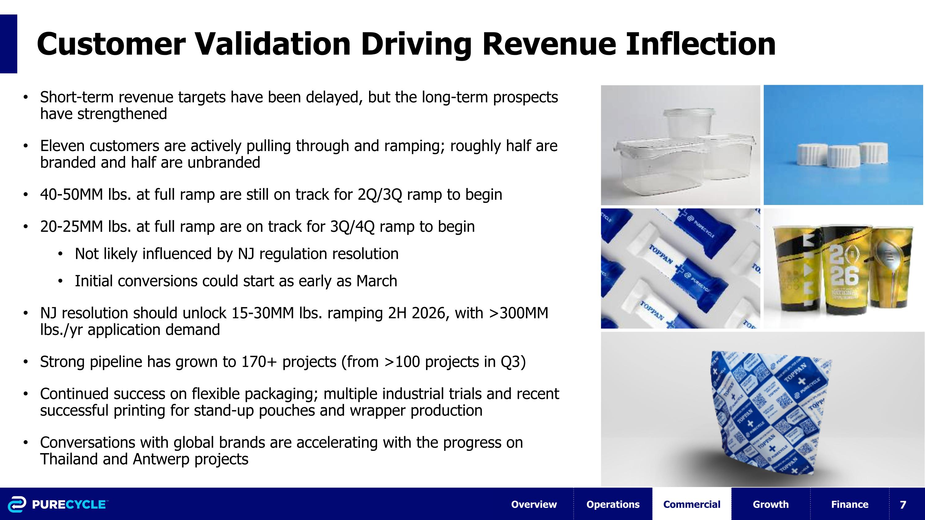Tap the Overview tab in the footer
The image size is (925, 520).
(x=534, y=504)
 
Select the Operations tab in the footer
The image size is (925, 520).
(x=613, y=504)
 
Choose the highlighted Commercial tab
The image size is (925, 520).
(x=692, y=504)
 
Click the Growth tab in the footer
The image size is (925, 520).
(x=771, y=504)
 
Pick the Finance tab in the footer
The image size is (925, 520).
(x=849, y=504)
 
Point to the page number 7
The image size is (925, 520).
(x=903, y=505)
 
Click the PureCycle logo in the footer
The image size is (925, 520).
(x=57, y=504)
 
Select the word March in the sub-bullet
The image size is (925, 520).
(x=377, y=281)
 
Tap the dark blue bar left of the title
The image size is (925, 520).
(x=8, y=44)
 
